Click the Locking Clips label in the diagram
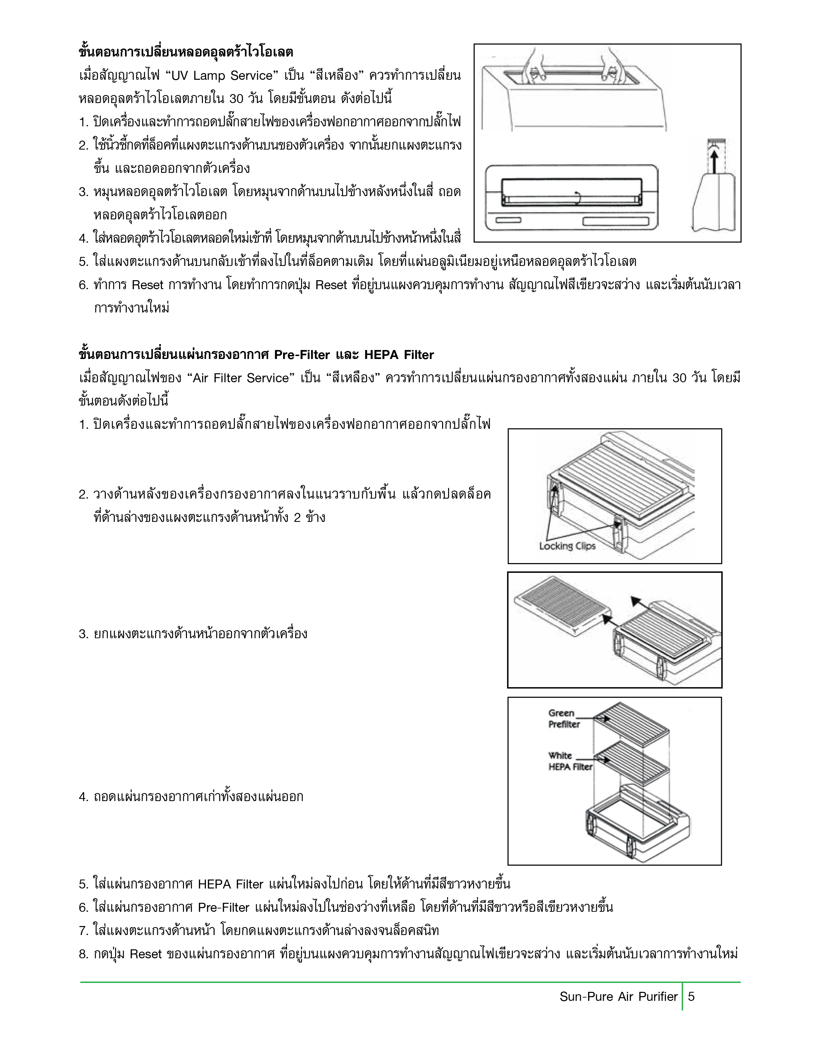[567, 546]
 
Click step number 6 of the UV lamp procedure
[83, 285]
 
